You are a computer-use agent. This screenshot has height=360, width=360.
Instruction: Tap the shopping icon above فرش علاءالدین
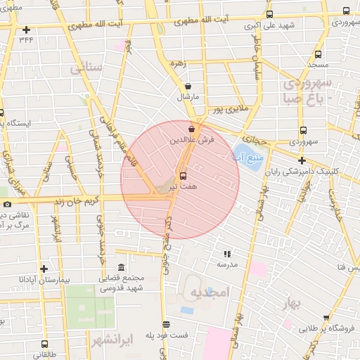[x=192, y=130]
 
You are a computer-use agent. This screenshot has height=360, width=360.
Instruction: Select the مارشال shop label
[x=188, y=95]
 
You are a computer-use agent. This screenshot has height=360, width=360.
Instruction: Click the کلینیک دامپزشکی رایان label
[x=328, y=171]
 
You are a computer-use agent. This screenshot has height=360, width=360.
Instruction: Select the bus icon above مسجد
[x=319, y=54]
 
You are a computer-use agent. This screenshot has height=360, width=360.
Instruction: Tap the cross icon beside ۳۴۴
[x=27, y=30]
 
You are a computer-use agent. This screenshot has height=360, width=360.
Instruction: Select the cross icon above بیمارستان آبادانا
[x=44, y=269]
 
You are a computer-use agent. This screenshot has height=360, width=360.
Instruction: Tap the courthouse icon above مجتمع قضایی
[x=122, y=268]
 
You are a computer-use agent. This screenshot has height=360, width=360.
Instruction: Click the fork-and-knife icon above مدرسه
[x=226, y=254]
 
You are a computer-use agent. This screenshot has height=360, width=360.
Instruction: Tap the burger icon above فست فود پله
[x=166, y=325]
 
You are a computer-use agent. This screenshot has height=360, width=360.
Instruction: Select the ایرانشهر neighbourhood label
[x=111, y=341]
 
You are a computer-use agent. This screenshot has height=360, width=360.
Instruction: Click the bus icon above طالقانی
[x=45, y=345]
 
